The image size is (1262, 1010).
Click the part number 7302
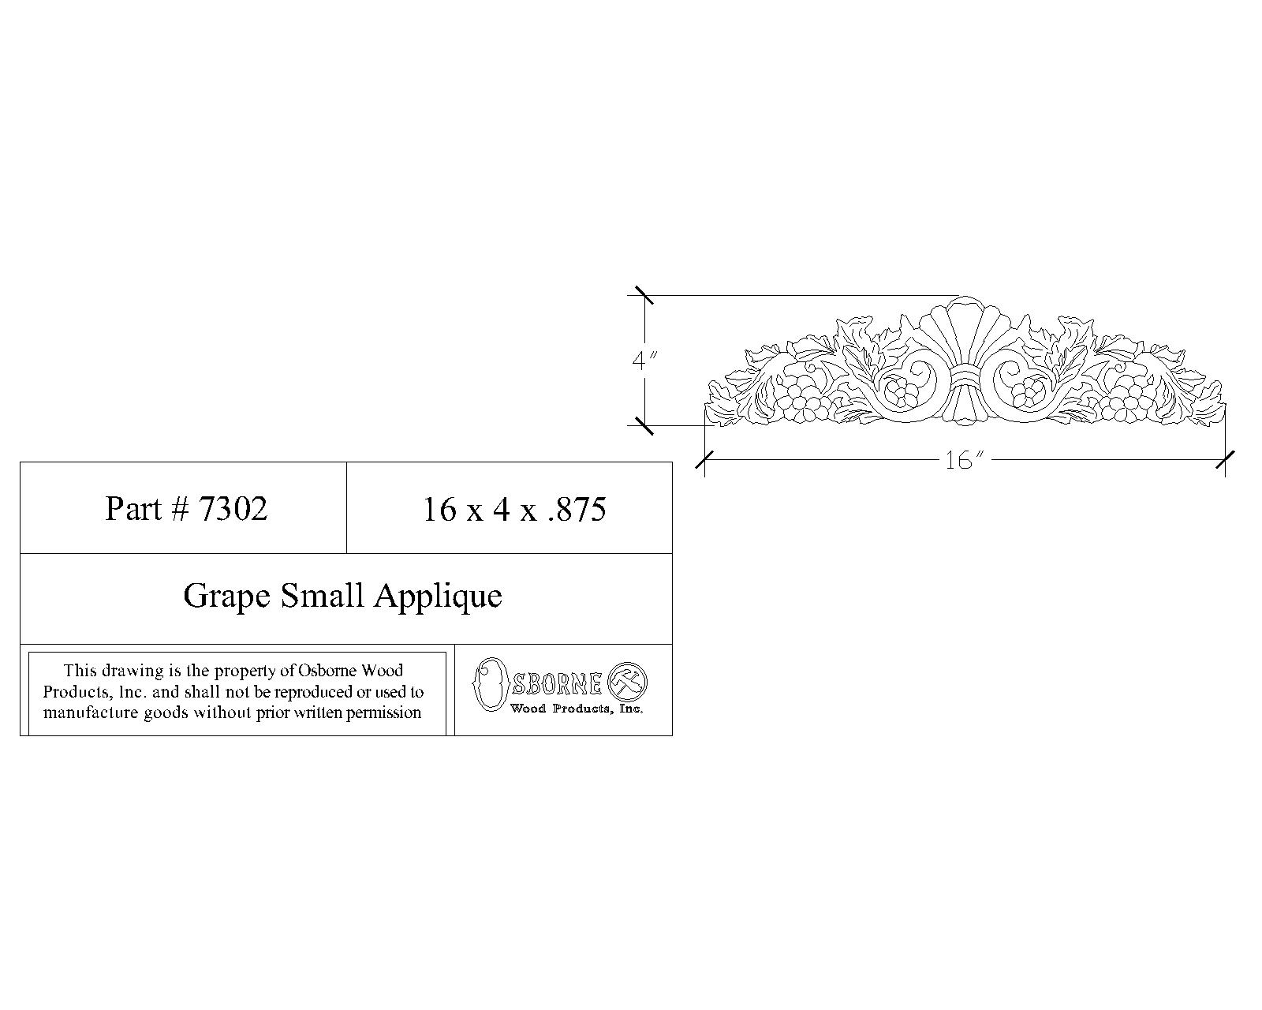click(233, 508)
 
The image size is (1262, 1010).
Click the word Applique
click(438, 596)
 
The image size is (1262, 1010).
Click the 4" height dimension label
click(644, 361)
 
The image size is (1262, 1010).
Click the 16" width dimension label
click(960, 461)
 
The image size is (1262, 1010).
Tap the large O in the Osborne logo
click(489, 683)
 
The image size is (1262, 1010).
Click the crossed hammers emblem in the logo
click(629, 679)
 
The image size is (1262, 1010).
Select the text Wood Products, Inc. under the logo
click(576, 709)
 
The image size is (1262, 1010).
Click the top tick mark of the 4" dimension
click(644, 295)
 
